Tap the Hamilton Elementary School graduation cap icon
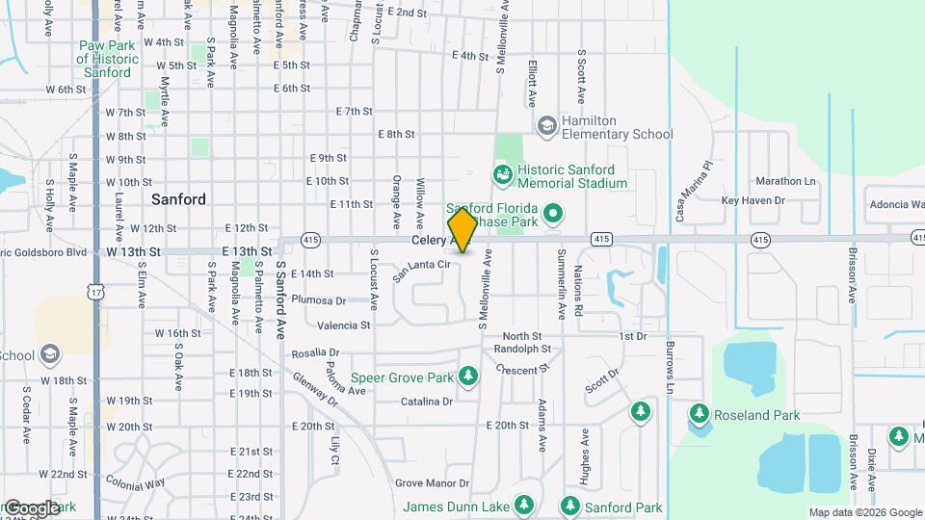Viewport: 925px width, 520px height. [x=547, y=126]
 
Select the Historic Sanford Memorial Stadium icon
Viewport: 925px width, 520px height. [x=502, y=174]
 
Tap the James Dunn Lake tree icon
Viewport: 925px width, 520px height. [x=523, y=506]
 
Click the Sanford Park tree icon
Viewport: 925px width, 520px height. [x=569, y=506]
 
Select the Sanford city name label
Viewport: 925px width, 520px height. [x=178, y=199]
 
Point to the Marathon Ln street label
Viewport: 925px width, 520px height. [x=785, y=181]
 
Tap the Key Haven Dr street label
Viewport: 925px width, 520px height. [x=753, y=200]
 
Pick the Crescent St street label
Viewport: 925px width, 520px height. [x=522, y=369]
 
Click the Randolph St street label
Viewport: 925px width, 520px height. [x=521, y=349]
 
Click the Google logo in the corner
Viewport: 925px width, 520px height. [x=31, y=507]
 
